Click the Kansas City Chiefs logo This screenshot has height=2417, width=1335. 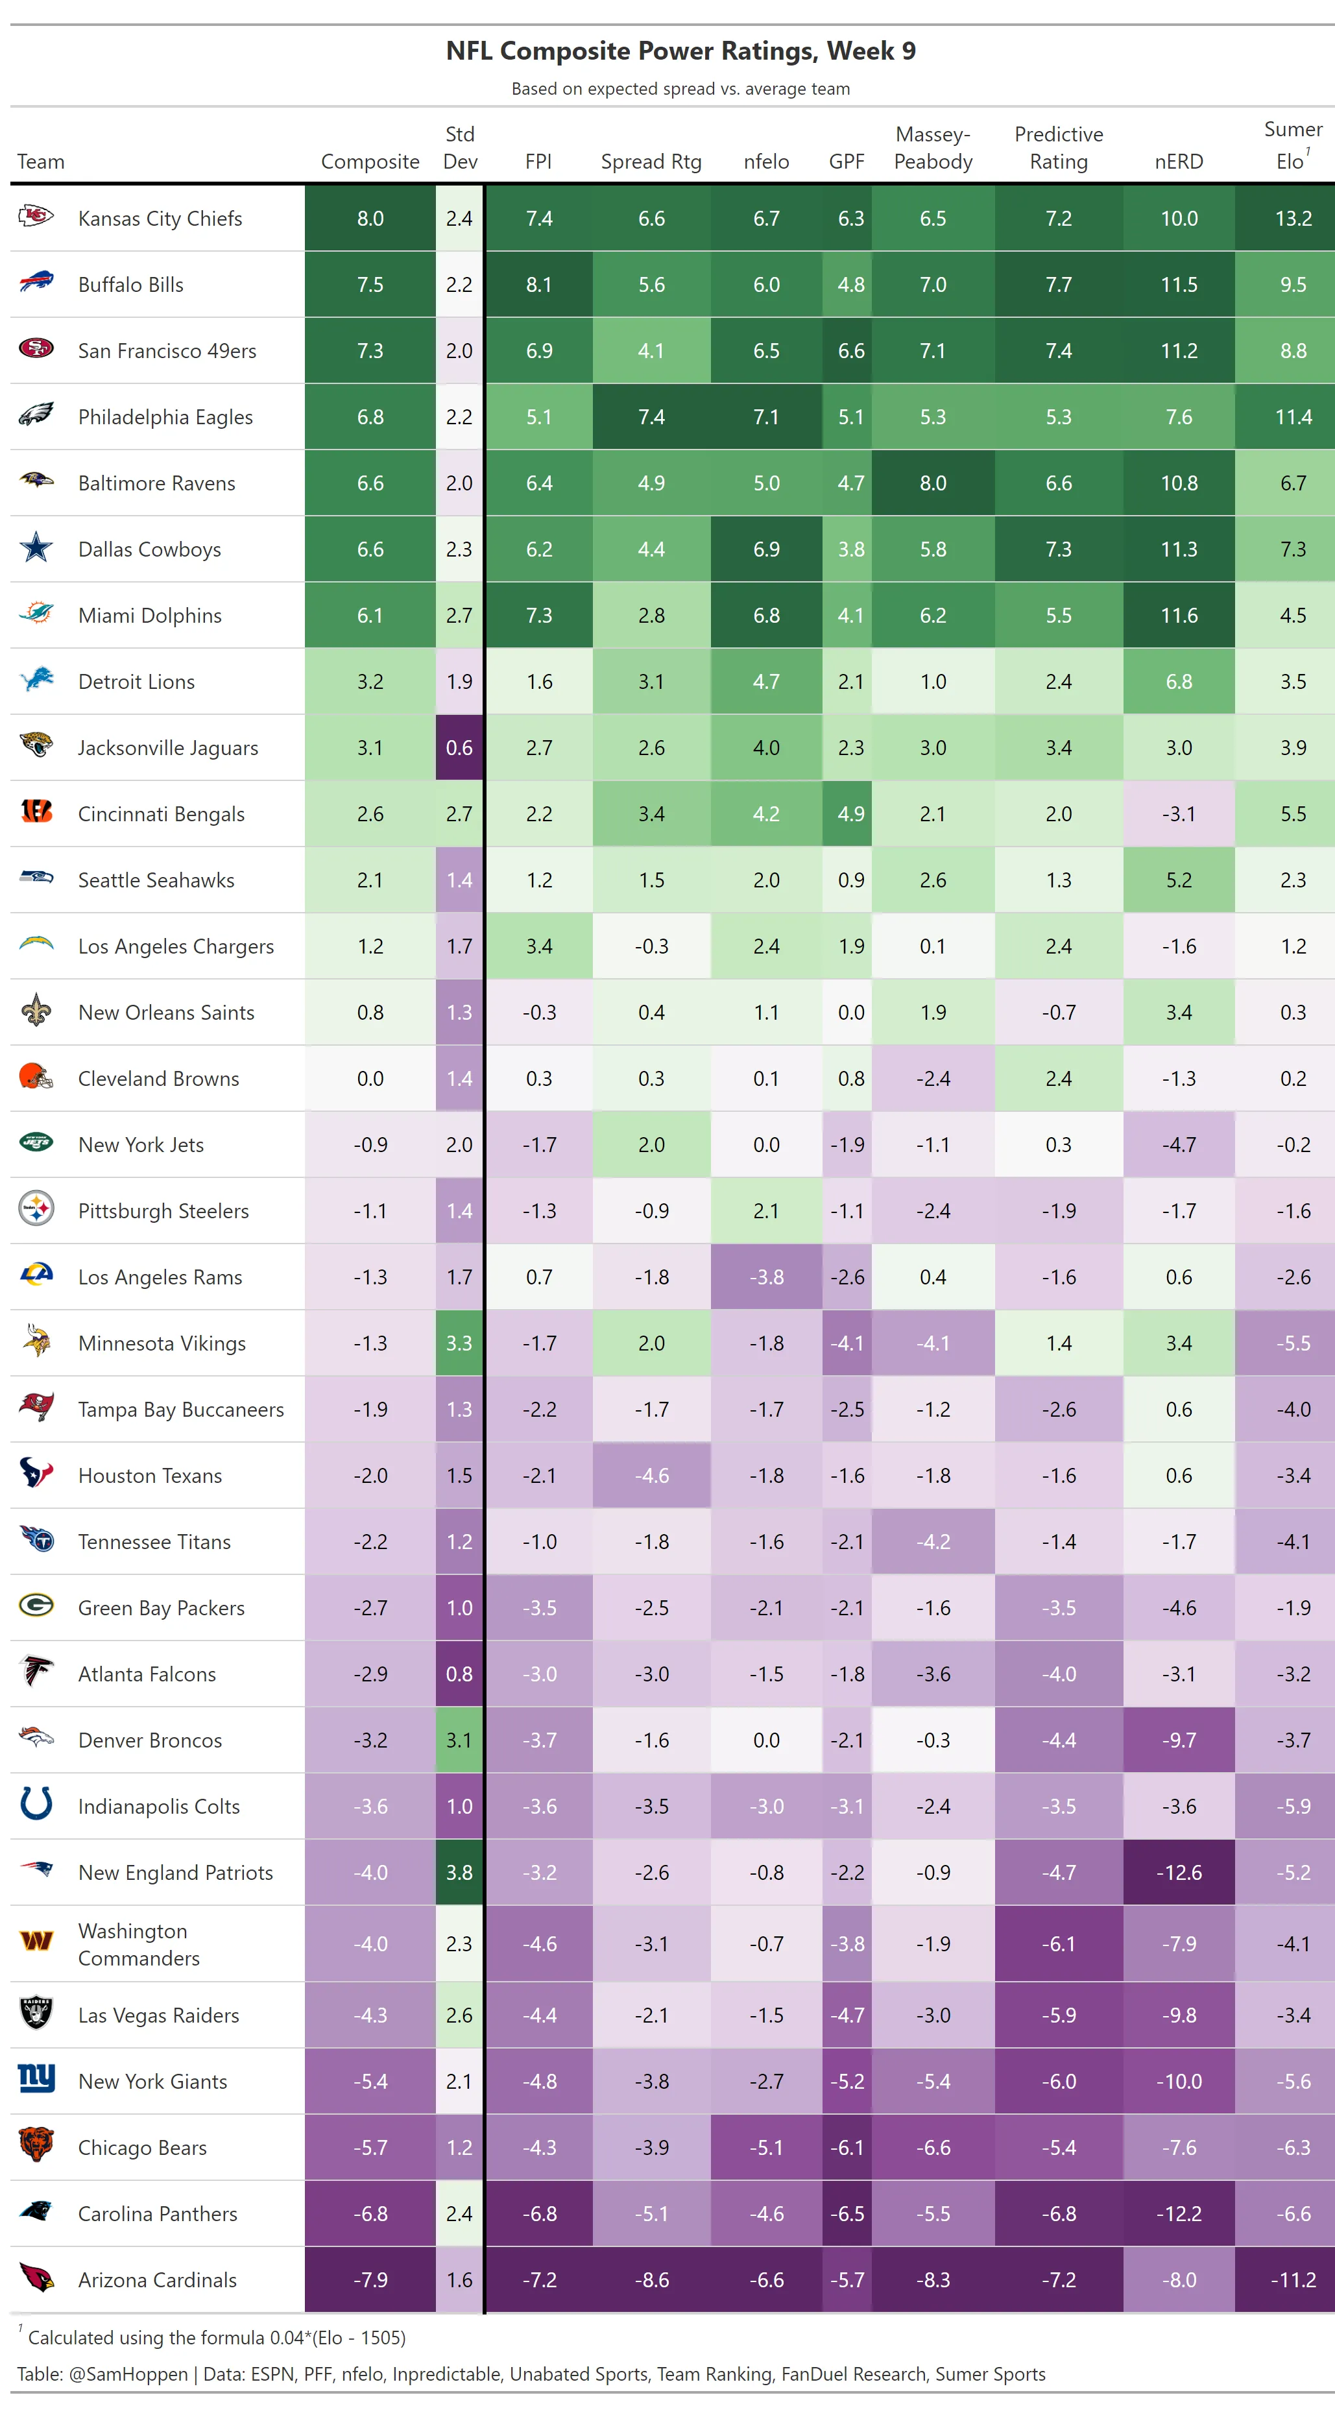click(x=36, y=218)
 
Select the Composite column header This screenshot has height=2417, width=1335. click(x=370, y=162)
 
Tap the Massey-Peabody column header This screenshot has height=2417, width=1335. click(x=933, y=149)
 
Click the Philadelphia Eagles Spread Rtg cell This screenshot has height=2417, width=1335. click(x=651, y=416)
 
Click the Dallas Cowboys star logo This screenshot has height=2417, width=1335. click(x=36, y=548)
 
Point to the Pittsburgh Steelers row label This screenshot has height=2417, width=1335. click(x=163, y=1210)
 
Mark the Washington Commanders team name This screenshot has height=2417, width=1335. click(x=139, y=1943)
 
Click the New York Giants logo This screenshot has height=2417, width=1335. click(x=36, y=2080)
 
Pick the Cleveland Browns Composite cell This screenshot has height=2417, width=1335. click(x=370, y=1078)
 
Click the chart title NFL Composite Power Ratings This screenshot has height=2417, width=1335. click(x=680, y=51)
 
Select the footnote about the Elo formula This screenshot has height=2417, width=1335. click(x=216, y=2337)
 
